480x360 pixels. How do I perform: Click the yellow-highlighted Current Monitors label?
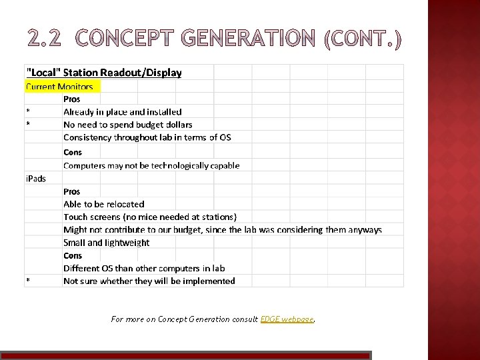click(x=59, y=87)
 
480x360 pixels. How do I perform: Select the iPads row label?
click(x=36, y=179)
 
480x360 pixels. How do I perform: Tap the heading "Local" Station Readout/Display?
click(x=103, y=73)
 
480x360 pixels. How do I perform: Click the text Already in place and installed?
click(x=122, y=112)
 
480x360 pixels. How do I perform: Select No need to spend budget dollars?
click(x=127, y=125)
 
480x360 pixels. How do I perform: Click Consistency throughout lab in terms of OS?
click(x=147, y=137)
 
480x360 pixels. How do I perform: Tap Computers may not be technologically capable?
click(x=151, y=165)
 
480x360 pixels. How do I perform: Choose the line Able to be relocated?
click(x=103, y=204)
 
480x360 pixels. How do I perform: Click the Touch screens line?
click(x=150, y=217)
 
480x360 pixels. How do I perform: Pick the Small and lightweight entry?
click(x=107, y=243)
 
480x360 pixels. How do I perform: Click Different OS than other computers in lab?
click(x=144, y=268)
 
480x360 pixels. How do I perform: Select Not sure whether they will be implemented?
click(x=149, y=281)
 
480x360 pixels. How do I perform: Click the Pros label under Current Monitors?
click(x=72, y=99)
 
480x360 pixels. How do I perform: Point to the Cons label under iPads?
click(x=73, y=255)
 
